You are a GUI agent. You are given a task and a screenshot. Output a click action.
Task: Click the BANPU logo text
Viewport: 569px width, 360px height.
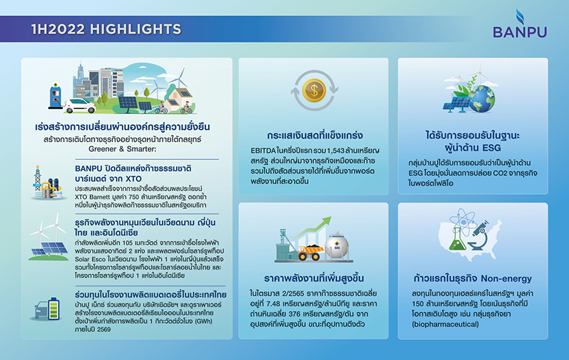tap(519, 32)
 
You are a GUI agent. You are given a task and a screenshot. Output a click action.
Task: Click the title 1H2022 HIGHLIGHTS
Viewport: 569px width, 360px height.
tap(106, 29)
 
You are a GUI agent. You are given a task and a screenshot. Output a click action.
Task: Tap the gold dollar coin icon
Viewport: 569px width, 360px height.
tap(314, 90)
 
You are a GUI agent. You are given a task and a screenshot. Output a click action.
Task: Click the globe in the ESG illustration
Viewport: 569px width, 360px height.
tap(481, 98)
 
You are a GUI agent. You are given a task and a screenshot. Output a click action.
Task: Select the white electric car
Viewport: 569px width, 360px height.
tap(80, 105)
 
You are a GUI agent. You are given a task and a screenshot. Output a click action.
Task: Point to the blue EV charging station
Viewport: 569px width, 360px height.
tap(55, 96)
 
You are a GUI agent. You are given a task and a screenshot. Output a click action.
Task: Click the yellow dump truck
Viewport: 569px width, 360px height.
tap(309, 252)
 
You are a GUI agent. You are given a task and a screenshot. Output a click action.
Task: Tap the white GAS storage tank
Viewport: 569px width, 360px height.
tap(337, 246)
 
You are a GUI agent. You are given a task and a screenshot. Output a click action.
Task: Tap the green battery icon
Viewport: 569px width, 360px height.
tap(54, 309)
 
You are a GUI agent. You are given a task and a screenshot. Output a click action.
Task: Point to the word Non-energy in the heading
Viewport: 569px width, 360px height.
tap(506, 278)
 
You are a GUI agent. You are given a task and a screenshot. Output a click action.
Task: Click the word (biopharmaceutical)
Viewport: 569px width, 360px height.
tap(445, 325)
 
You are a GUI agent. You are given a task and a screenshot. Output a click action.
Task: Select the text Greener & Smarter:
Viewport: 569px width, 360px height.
tap(123, 149)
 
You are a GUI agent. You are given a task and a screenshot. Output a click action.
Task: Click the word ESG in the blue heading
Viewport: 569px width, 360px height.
tap(491, 148)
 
